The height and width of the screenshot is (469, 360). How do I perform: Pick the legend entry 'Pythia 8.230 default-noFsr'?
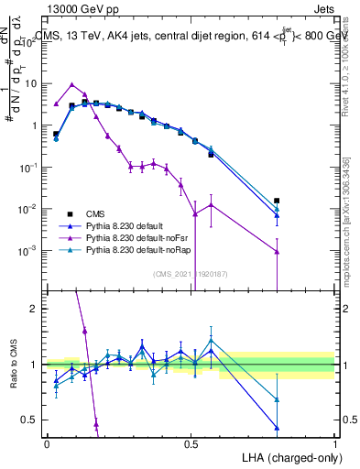(137, 236)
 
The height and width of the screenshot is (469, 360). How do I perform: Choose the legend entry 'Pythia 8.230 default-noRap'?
(138, 249)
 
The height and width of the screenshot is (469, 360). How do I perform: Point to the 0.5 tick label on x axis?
(191, 442)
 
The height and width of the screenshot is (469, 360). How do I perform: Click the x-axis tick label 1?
(334, 442)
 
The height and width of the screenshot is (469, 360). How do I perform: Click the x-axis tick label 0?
(47, 442)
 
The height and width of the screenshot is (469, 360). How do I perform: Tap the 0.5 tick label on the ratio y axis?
(29, 420)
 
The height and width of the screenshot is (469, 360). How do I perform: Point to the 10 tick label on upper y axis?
(30, 83)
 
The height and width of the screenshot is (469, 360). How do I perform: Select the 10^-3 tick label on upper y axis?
(30, 250)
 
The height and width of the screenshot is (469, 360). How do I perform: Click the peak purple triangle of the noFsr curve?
(72, 84)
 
